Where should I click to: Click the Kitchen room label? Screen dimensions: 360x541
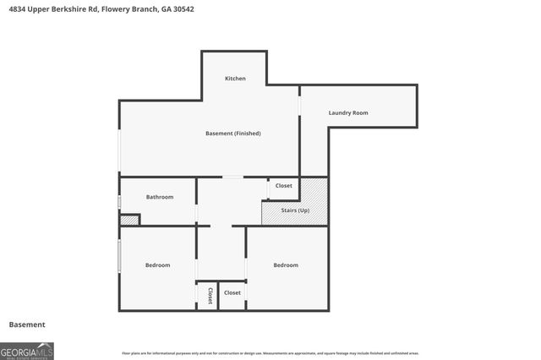[235, 79]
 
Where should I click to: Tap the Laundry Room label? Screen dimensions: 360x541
[348, 112]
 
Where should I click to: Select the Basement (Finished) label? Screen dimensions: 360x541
[233, 134]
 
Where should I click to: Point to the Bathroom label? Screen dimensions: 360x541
[160, 197]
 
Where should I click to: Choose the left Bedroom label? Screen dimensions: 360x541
[157, 265]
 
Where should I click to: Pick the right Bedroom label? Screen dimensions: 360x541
[286, 265]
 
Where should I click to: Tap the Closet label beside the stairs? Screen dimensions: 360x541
[284, 185]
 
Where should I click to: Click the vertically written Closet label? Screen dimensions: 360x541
[210, 295]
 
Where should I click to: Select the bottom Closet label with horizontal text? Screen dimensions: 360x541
[232, 292]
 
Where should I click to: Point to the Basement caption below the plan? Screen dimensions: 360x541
[27, 325]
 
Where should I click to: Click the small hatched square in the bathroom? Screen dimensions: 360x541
[128, 220]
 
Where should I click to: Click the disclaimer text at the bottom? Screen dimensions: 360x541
[270, 353]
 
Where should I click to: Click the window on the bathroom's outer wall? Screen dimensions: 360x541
[119, 202]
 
